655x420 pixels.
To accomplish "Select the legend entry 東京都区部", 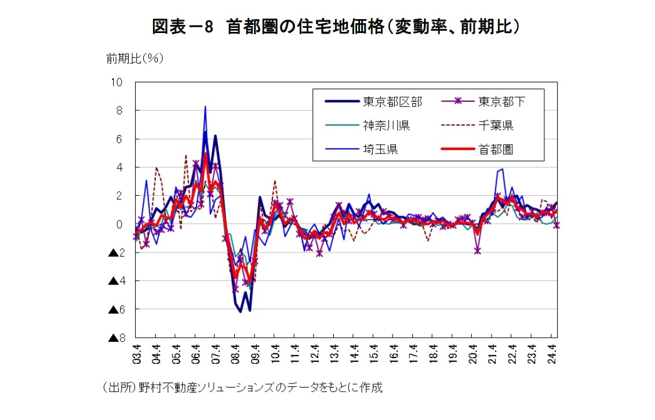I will (x=392, y=102).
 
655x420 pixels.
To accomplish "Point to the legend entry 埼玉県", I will (x=380, y=149).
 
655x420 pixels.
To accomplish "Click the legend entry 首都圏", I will (x=496, y=149).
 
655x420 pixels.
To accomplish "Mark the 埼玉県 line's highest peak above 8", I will (x=205, y=107).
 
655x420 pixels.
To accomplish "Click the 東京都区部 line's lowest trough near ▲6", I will (x=240, y=312).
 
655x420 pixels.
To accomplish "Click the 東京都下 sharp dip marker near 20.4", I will (x=478, y=250).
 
